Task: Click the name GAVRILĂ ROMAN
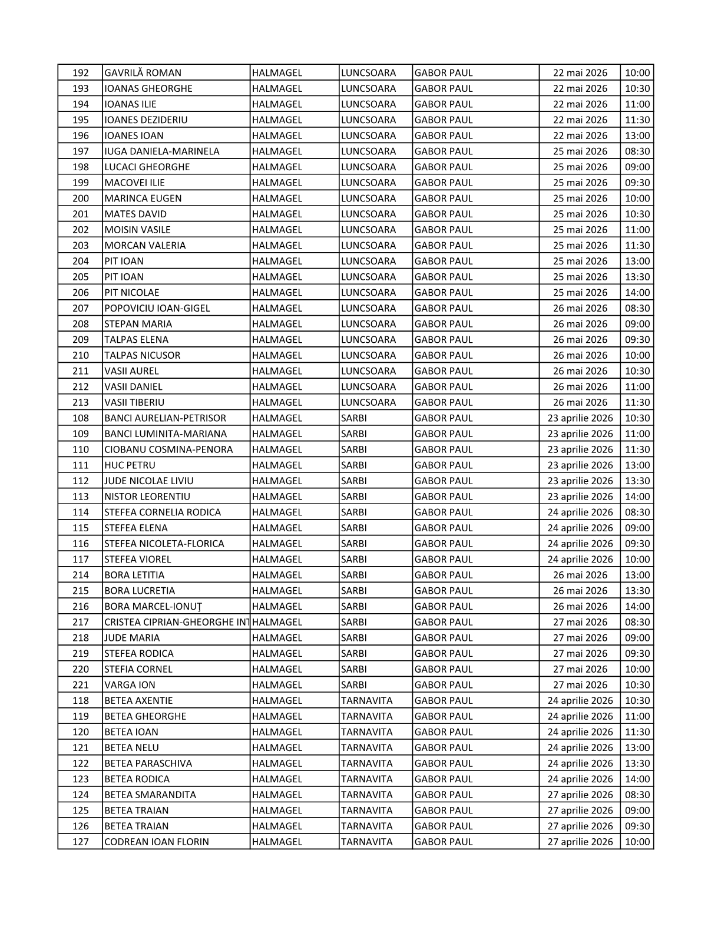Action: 143,73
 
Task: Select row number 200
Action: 80,198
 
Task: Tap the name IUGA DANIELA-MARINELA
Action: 161,151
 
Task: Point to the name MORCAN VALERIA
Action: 145,246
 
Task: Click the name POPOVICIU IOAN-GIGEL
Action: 157,308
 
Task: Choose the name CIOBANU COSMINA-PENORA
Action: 168,449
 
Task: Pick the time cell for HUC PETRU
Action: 637,465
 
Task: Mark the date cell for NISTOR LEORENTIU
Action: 580,497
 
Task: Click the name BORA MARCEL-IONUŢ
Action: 153,607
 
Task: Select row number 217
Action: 80,622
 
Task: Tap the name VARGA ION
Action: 130,685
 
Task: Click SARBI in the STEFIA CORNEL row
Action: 353,669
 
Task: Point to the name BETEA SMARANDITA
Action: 150,795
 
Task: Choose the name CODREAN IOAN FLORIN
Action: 156,842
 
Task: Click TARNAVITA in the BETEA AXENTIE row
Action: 366,701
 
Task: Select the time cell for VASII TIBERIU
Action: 637,402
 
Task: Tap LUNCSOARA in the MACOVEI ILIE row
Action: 368,183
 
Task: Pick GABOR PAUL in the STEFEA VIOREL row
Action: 444,560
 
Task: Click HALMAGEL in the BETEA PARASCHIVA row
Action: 277,763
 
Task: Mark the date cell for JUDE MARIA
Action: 580,638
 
